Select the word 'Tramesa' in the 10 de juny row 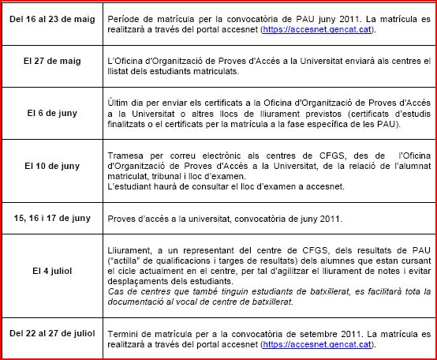(x=125, y=156)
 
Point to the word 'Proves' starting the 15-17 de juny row (x=121, y=216)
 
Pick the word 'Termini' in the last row (x=123, y=334)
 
